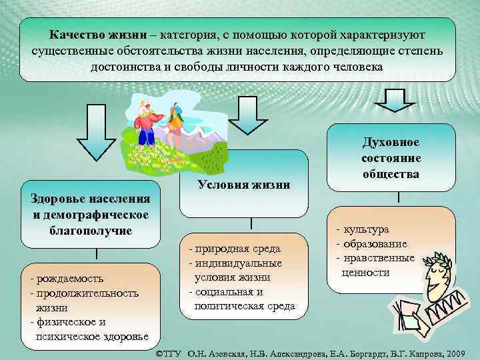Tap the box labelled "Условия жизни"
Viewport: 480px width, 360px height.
click(x=243, y=185)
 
